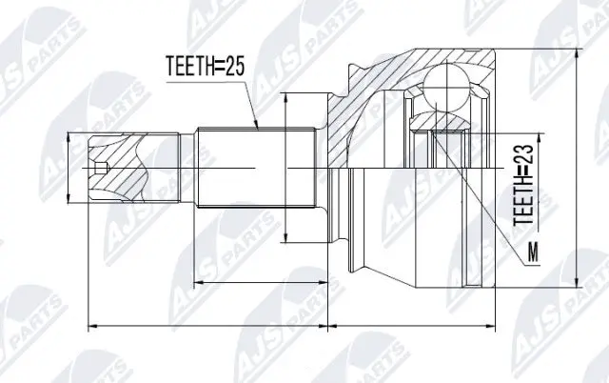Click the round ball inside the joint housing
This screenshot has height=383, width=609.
tap(447, 92)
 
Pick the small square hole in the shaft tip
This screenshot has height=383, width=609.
tap(103, 170)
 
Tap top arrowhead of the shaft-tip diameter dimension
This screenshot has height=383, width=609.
tap(67, 136)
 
